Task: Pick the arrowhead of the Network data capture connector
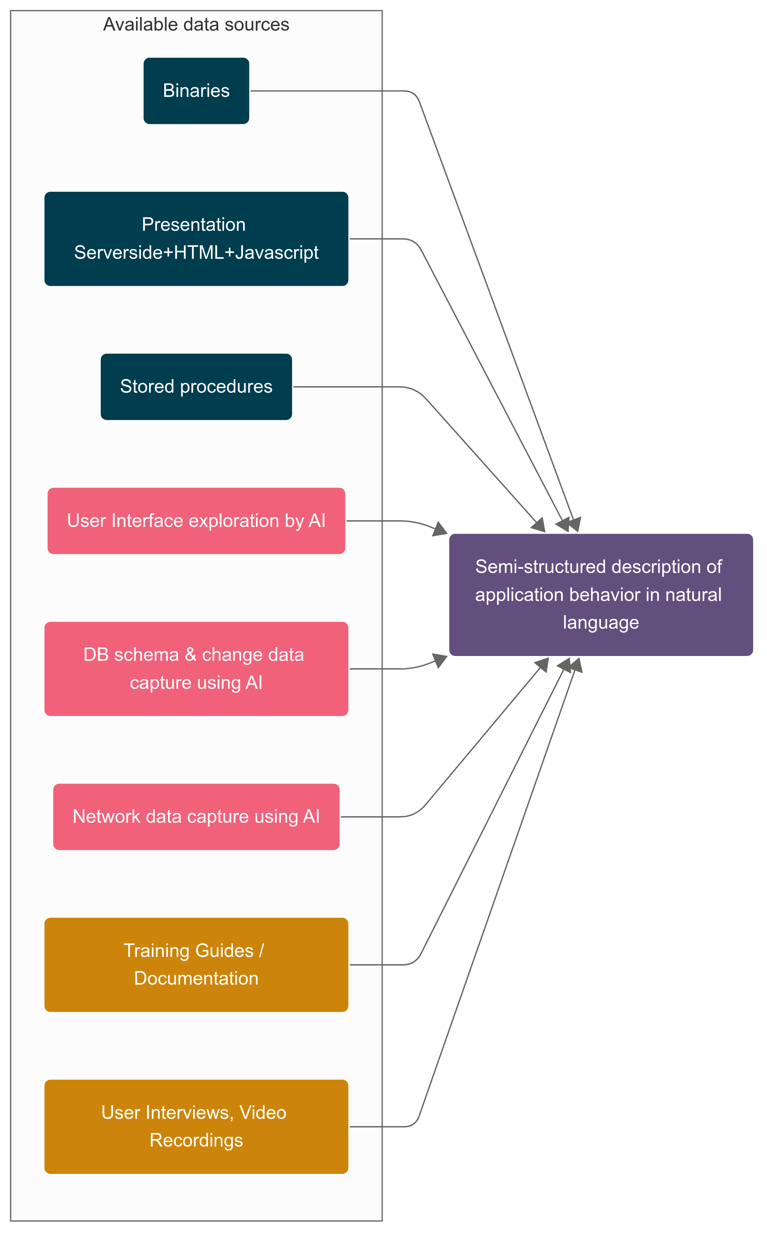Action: (x=543, y=664)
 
